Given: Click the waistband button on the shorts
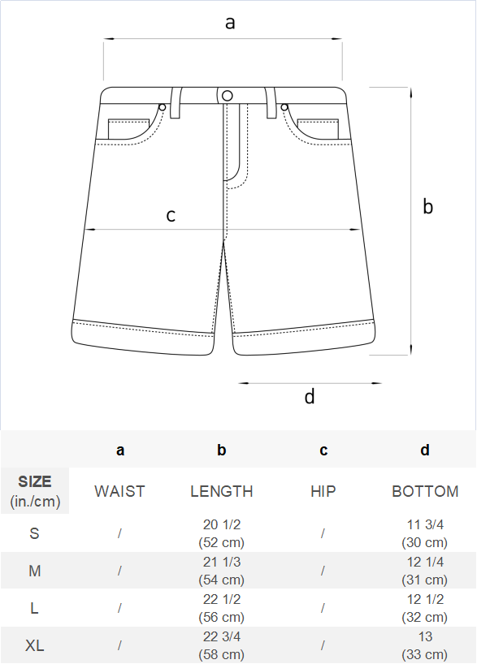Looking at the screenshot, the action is (x=228, y=96).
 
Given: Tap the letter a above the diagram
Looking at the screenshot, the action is (x=230, y=23).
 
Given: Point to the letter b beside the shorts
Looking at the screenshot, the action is (x=427, y=206).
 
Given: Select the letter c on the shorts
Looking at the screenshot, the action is (x=171, y=216).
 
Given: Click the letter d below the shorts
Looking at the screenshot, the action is (x=310, y=396).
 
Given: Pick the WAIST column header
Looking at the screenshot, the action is (x=120, y=491).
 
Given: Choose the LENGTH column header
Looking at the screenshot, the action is (x=222, y=491).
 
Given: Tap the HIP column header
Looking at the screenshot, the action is (x=323, y=491).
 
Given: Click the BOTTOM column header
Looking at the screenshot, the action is (x=425, y=491).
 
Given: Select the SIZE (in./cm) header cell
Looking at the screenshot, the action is (x=35, y=491).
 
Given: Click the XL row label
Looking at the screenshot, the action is (x=35, y=645).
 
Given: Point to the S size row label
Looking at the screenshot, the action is (x=35, y=533).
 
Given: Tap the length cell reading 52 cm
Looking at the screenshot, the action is (x=222, y=533).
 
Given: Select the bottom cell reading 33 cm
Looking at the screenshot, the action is (x=425, y=645).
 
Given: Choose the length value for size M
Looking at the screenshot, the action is (x=222, y=571).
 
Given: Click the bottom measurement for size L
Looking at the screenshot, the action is (x=425, y=608).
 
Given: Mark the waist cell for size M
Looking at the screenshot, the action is (x=119, y=571).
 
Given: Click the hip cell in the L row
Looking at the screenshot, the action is (x=323, y=608).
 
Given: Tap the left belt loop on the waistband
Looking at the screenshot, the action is (x=176, y=102).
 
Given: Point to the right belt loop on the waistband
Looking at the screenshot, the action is (x=271, y=102).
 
